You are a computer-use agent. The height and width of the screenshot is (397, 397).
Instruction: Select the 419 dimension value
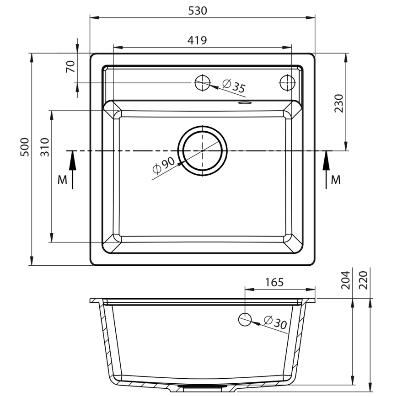click(197, 40)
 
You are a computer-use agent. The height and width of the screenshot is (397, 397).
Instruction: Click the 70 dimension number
click(70, 67)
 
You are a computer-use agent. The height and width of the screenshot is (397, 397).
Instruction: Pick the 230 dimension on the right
click(338, 104)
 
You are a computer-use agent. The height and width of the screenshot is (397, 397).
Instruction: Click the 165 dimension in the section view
click(274, 282)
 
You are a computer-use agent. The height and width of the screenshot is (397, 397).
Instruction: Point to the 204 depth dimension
click(345, 280)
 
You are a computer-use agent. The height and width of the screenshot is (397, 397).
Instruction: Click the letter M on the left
click(62, 180)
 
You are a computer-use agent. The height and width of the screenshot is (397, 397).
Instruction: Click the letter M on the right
click(336, 180)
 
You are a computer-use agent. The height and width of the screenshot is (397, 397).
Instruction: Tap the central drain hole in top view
click(202, 150)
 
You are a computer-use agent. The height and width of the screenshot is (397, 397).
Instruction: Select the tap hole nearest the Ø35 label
click(202, 83)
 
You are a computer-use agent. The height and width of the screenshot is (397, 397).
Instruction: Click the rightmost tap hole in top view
click(287, 82)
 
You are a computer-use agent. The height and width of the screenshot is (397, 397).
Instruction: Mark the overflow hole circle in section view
click(245, 319)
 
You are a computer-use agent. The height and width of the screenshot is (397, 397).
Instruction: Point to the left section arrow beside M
click(72, 169)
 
